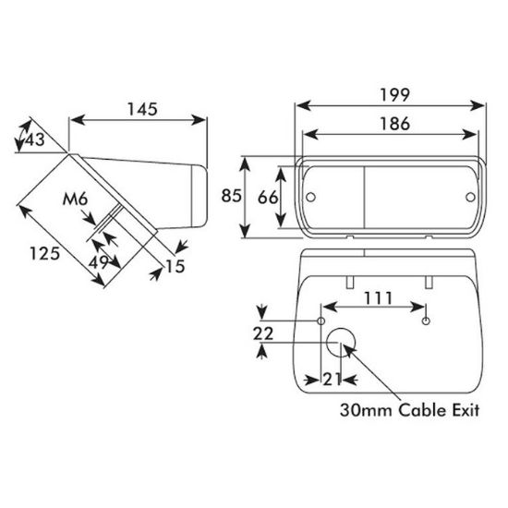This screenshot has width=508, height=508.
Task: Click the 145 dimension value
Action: pyautogui.click(x=140, y=108)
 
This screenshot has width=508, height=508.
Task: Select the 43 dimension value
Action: pyautogui.click(x=34, y=139)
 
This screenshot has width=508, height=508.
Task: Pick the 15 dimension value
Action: pyautogui.click(x=175, y=266)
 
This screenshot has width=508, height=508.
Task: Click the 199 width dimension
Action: pyautogui.click(x=387, y=95)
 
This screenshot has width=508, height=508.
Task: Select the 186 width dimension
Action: pyautogui.click(x=387, y=126)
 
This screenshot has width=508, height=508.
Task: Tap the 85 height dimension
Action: pyautogui.click(x=232, y=197)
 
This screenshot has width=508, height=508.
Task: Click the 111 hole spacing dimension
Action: pyautogui.click(x=378, y=297)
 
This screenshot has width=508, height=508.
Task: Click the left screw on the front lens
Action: pyautogui.click(x=311, y=196)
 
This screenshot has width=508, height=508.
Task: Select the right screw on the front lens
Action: pyautogui.click(x=468, y=197)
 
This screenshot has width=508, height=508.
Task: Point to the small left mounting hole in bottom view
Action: pyautogui.click(x=321, y=320)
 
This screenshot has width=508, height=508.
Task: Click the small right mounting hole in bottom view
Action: pyautogui.click(x=425, y=320)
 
